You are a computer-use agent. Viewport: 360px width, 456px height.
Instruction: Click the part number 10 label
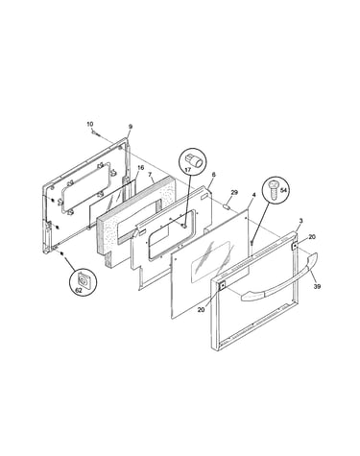(90, 124)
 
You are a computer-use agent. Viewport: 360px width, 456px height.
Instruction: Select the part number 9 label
(131, 127)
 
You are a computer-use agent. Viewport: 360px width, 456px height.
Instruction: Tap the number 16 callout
(140, 168)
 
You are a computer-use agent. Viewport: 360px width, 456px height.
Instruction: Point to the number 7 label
(150, 175)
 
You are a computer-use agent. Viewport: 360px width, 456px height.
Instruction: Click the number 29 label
(234, 192)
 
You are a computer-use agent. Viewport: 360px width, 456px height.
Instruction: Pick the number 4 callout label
(253, 195)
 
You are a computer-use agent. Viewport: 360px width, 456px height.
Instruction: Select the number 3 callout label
(300, 221)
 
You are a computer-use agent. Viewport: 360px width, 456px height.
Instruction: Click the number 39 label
(317, 287)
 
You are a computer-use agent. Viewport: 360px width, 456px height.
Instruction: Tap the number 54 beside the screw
(282, 190)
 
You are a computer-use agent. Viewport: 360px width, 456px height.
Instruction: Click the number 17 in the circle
(188, 170)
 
